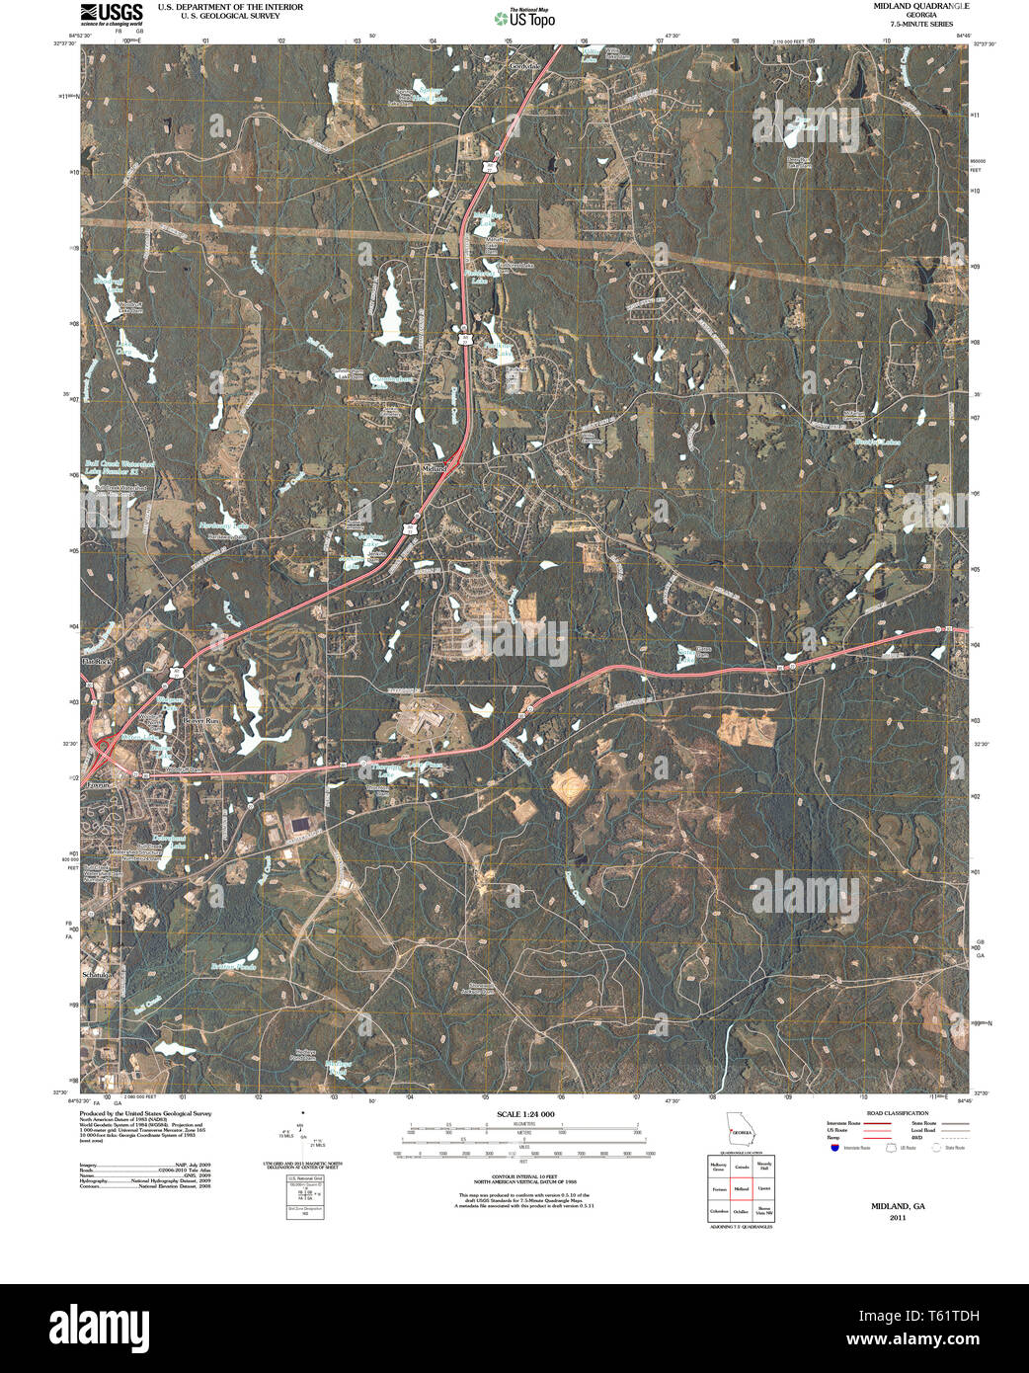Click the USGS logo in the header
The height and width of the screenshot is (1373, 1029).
click(x=112, y=12)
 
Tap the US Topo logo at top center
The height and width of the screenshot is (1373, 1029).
click(x=523, y=17)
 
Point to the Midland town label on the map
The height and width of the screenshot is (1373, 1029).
click(x=435, y=467)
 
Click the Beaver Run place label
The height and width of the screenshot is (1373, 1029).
click(x=198, y=721)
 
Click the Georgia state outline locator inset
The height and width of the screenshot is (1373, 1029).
click(x=740, y=1130)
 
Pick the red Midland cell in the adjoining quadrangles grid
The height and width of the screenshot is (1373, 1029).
click(x=740, y=1188)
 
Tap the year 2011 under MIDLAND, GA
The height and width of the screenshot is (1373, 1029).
click(x=897, y=1218)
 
